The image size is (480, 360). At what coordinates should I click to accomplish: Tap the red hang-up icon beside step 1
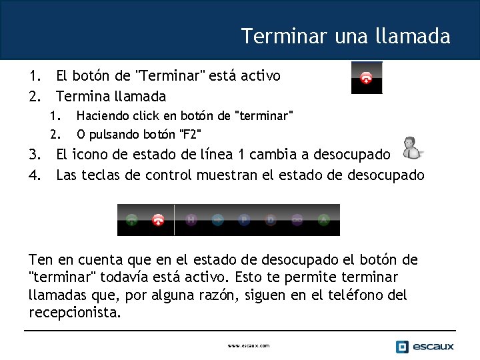[x=366, y=77]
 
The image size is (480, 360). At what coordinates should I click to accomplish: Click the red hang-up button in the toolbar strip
[x=158, y=219]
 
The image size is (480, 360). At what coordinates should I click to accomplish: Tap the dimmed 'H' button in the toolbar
[x=191, y=219]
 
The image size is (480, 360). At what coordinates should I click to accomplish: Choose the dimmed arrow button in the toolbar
[x=217, y=219]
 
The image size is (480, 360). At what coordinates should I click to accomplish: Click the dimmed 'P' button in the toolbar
[x=244, y=219]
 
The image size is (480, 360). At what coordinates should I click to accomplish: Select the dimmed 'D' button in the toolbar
[x=271, y=219]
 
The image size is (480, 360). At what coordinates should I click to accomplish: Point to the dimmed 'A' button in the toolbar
[x=323, y=219]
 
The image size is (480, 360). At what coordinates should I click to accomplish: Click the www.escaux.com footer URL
[x=248, y=345]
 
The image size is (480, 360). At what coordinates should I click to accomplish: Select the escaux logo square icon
[x=401, y=346]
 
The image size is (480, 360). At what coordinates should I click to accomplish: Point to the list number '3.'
[x=35, y=155]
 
